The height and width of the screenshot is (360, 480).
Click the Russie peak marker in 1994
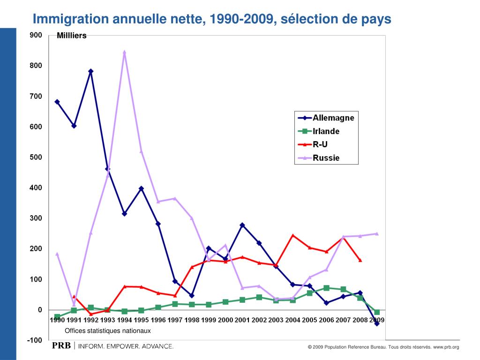tap(124, 52)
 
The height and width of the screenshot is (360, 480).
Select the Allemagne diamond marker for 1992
tap(90, 71)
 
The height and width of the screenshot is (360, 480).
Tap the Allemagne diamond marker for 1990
tap(57, 102)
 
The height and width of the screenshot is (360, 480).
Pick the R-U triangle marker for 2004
tap(292, 235)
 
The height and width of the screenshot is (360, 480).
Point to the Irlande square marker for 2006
tap(326, 288)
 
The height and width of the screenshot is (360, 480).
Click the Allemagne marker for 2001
tap(242, 225)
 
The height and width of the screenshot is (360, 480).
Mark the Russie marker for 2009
tap(376, 233)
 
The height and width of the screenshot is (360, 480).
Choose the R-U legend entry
tap(320, 144)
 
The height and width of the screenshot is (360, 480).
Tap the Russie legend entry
tap(326, 158)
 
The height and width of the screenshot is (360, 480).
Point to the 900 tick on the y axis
tap(36, 35)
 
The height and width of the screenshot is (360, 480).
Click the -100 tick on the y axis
tap(35, 340)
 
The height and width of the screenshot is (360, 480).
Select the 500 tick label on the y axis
tap(36, 157)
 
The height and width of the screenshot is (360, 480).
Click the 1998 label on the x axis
tap(192, 320)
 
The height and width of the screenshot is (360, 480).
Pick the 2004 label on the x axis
tap(292, 320)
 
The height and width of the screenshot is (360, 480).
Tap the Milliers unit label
tap(72, 36)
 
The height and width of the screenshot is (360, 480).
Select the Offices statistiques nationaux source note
tap(108, 331)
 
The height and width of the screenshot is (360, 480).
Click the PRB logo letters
tap(61, 346)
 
